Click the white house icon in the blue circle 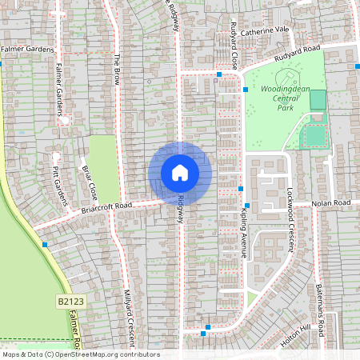[x=179, y=172]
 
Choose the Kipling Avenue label [x=247, y=224]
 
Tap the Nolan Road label [x=331, y=203]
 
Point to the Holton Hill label [x=294, y=338]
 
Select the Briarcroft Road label [x=106, y=206]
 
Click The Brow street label [x=117, y=70]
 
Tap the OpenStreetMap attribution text [x=80, y=354]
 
